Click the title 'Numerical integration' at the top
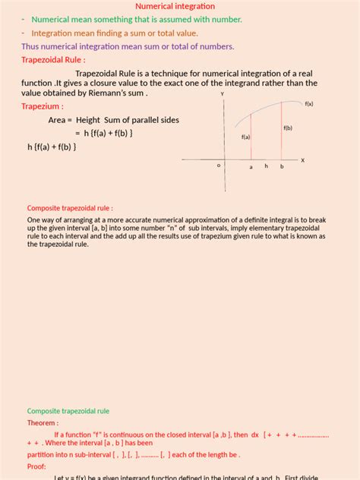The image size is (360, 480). [x=179, y=6]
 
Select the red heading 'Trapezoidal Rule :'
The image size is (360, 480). [x=53, y=59]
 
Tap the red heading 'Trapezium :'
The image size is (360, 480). [x=42, y=107]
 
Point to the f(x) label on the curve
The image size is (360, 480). [x=309, y=103]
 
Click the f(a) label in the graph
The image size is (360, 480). [x=245, y=137]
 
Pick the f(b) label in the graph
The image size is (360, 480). [x=288, y=128]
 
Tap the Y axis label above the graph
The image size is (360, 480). [x=222, y=93]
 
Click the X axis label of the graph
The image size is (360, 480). [x=302, y=160]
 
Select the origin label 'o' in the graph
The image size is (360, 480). [x=219, y=165]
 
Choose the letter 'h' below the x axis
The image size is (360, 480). [x=266, y=166]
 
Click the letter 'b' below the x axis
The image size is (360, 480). [x=282, y=166]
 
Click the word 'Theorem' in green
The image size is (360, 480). [x=43, y=423]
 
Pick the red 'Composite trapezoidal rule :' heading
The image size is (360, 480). [x=70, y=207]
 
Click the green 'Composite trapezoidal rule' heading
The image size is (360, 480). [x=68, y=411]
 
